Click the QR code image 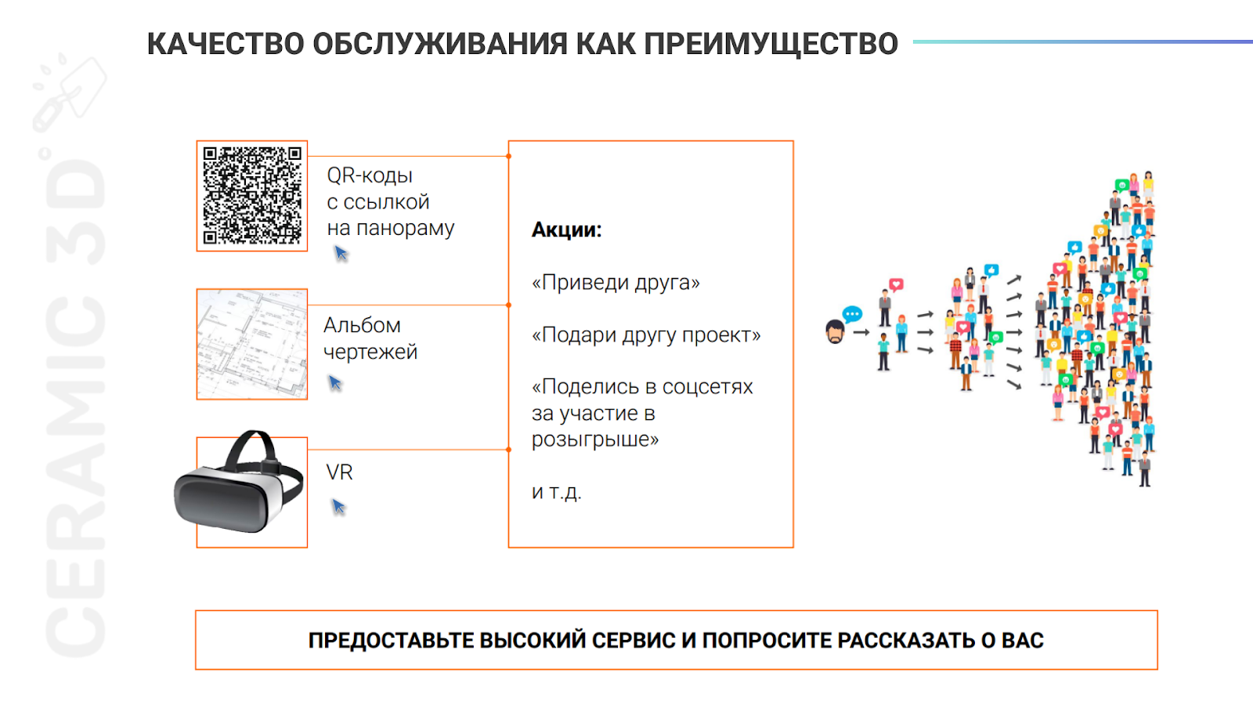pyautogui.click(x=252, y=196)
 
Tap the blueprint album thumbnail pyautogui.click(x=252, y=344)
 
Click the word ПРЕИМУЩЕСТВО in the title pyautogui.click(x=771, y=44)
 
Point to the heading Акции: pyautogui.click(x=566, y=230)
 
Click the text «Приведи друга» pyautogui.click(x=616, y=282)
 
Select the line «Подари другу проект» pyautogui.click(x=646, y=334)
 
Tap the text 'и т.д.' pyautogui.click(x=556, y=492)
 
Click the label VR pyautogui.click(x=339, y=472)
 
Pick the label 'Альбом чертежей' pyautogui.click(x=370, y=338)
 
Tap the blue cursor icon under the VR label pyautogui.click(x=338, y=507)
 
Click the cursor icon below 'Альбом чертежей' pyautogui.click(x=335, y=382)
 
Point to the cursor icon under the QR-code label pyautogui.click(x=341, y=253)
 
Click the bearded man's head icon pyautogui.click(x=835, y=332)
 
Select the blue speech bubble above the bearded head pyautogui.click(x=852, y=314)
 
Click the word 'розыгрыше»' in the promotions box pyautogui.click(x=595, y=439)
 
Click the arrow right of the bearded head pyautogui.click(x=861, y=332)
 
